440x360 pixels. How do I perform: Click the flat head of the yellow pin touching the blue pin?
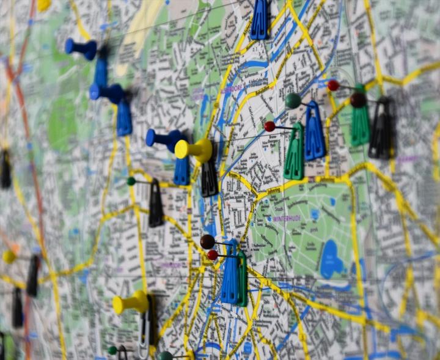[182, 149]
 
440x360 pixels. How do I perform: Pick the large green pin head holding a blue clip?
[293, 100]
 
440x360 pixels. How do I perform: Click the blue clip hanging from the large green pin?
[314, 133]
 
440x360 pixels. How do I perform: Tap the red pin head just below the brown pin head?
[212, 255]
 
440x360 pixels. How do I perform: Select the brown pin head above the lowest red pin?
[207, 241]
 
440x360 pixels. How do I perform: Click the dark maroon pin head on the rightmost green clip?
[358, 100]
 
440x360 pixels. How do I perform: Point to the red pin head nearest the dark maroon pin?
[333, 85]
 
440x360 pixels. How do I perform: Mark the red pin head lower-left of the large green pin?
[269, 127]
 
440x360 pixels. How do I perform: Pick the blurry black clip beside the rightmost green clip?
[383, 130]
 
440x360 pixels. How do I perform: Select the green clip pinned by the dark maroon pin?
[360, 125]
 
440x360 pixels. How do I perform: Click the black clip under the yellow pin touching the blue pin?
[209, 177]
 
